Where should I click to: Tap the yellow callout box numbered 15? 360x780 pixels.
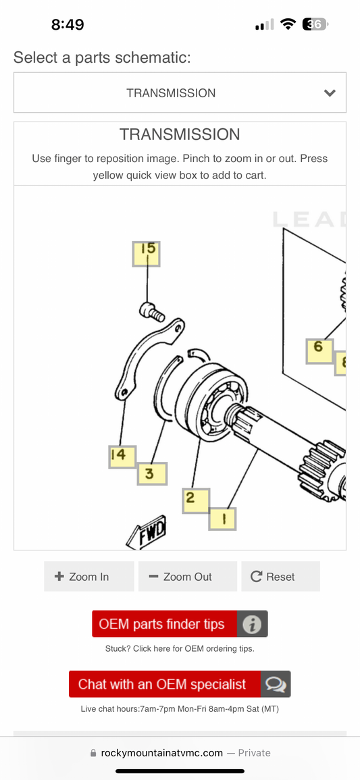(x=146, y=254)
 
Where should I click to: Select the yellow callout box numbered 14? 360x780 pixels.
(x=122, y=457)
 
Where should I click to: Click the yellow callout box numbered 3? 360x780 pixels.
(x=152, y=473)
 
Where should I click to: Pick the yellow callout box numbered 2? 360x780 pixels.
(x=196, y=501)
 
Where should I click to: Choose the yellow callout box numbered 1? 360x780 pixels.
(x=223, y=519)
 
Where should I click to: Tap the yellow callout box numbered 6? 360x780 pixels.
(x=319, y=351)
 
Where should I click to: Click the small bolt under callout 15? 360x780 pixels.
(x=152, y=312)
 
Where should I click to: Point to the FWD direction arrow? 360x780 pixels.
(x=147, y=531)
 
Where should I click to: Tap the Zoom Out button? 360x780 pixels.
(x=188, y=577)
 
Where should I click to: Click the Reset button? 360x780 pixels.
(x=280, y=577)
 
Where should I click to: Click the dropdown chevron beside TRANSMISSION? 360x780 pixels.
(x=330, y=93)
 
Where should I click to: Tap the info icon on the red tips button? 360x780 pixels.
(x=252, y=624)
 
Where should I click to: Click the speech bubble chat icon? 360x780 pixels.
(x=276, y=685)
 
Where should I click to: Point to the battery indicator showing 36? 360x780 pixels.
(x=315, y=24)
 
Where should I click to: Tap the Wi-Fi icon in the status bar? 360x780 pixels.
(x=288, y=24)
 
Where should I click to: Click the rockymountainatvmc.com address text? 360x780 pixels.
(x=161, y=752)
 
